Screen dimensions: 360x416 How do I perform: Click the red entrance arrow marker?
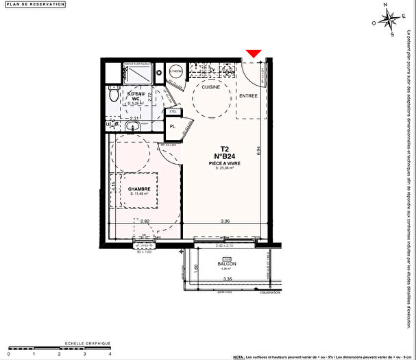pos(254,53)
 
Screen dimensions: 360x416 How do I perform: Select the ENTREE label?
pos(248,96)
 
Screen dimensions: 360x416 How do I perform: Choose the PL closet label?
pos(173,126)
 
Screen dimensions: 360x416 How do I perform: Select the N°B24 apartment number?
pos(224,156)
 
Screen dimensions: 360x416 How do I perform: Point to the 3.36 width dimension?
pos(224,221)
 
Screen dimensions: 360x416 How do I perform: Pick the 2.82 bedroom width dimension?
pos(145,221)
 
